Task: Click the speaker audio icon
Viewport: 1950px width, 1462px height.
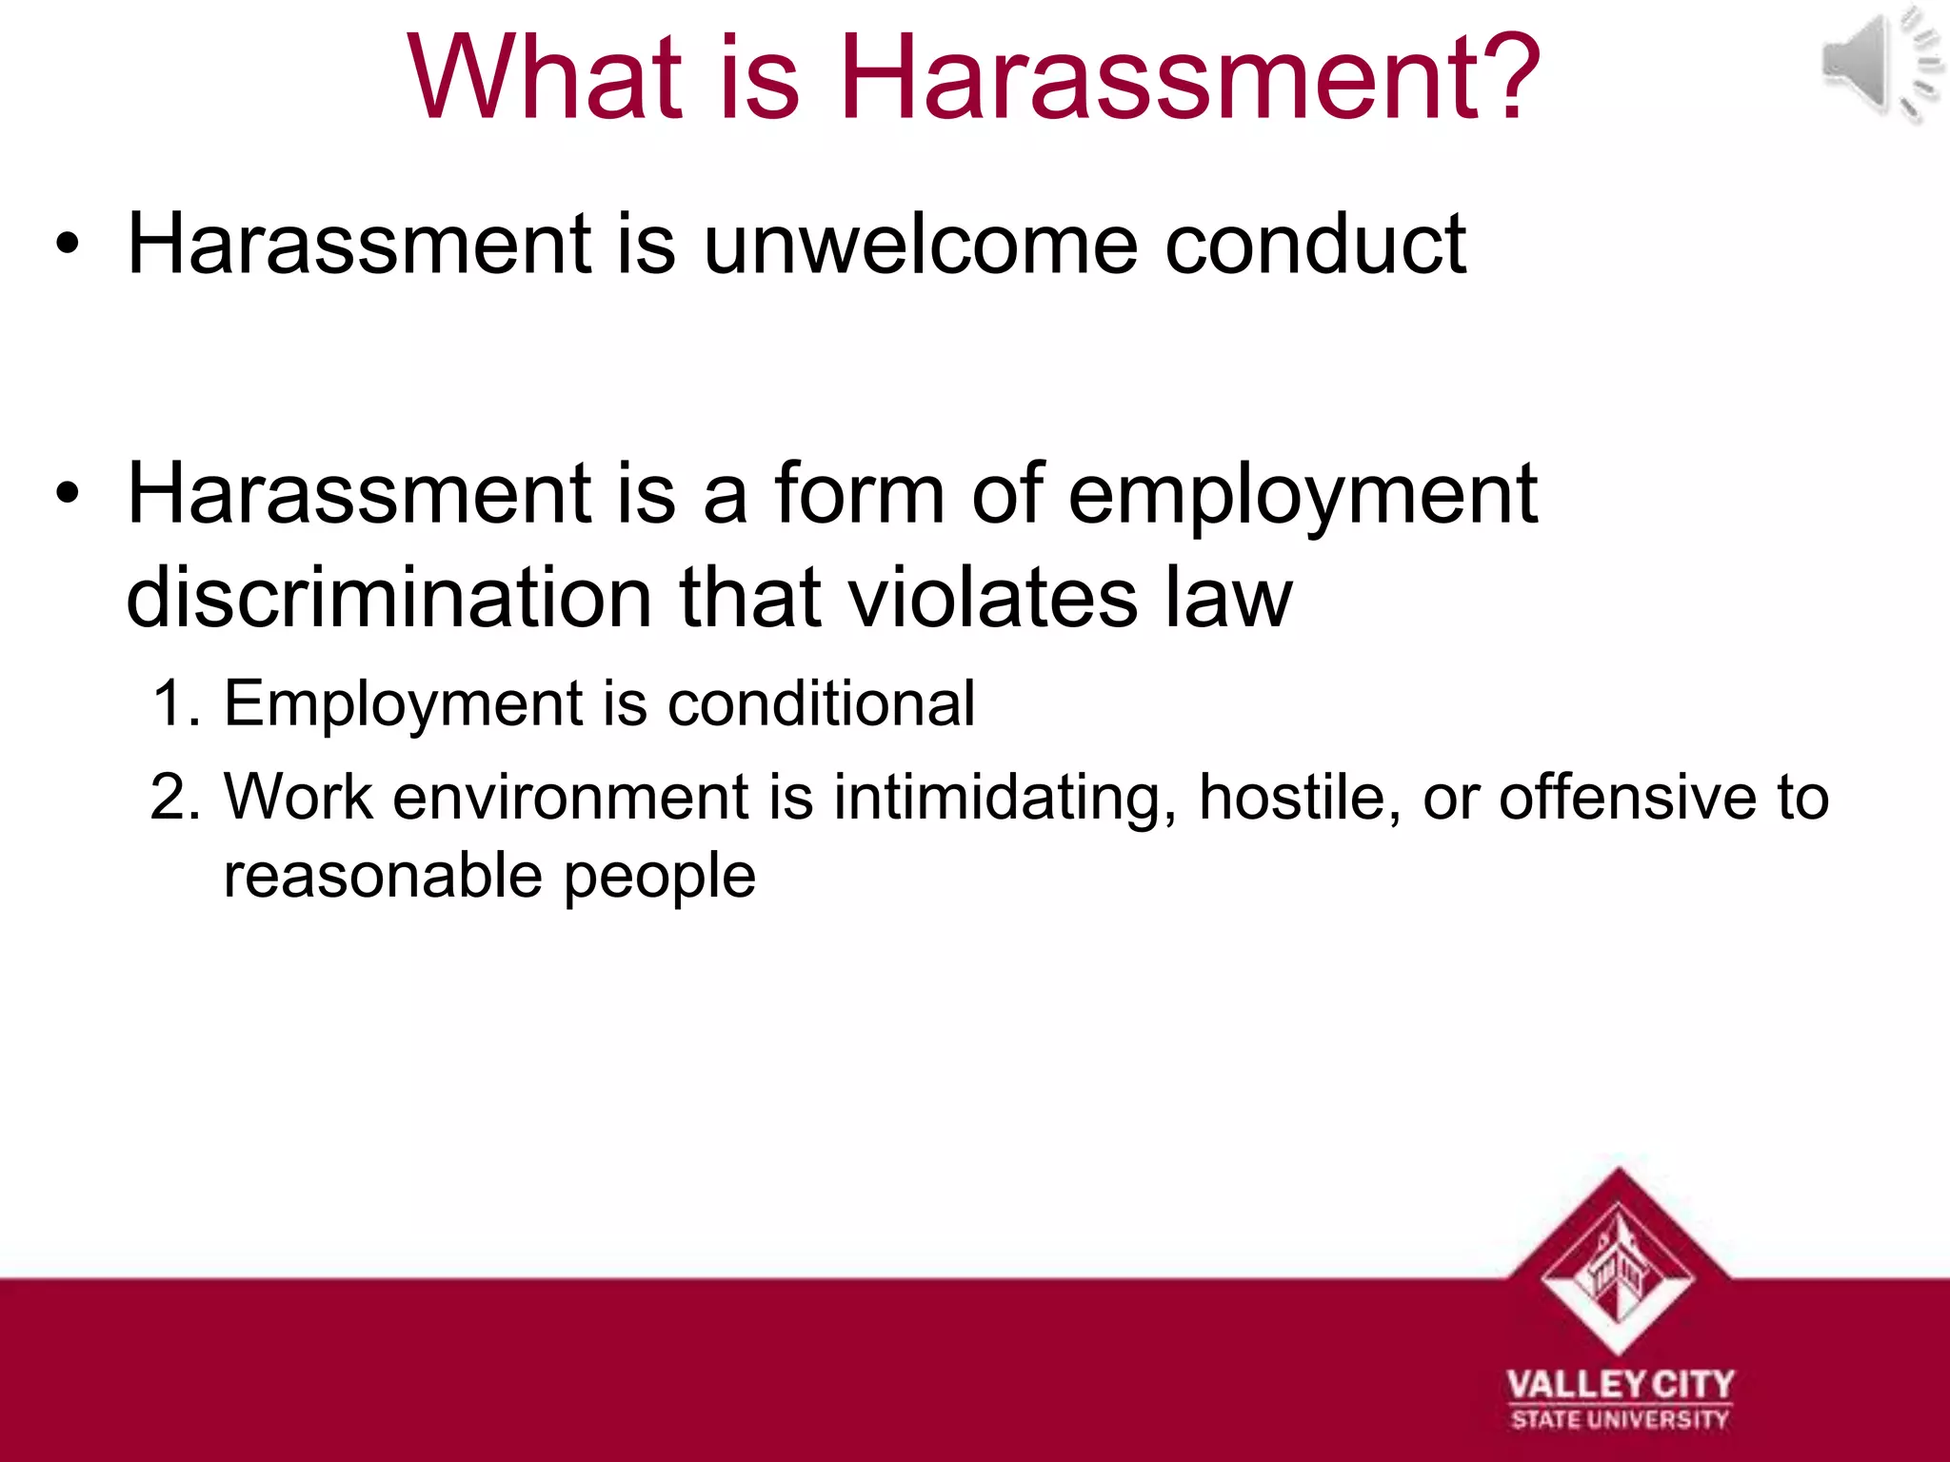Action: [x=1878, y=65]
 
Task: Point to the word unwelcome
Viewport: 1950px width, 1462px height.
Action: [x=920, y=245]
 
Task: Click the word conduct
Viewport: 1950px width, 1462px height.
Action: [x=1315, y=245]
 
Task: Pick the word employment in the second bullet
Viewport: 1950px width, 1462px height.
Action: [x=1302, y=495]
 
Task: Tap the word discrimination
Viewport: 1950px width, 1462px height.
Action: [x=388, y=598]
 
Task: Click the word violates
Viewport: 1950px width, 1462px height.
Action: [x=991, y=598]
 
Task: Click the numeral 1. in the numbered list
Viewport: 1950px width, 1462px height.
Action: [x=176, y=704]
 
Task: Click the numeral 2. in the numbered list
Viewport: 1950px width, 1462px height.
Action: [x=176, y=797]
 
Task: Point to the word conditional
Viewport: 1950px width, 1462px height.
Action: [x=821, y=704]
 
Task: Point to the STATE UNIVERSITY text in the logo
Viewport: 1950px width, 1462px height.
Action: [x=1620, y=1420]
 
